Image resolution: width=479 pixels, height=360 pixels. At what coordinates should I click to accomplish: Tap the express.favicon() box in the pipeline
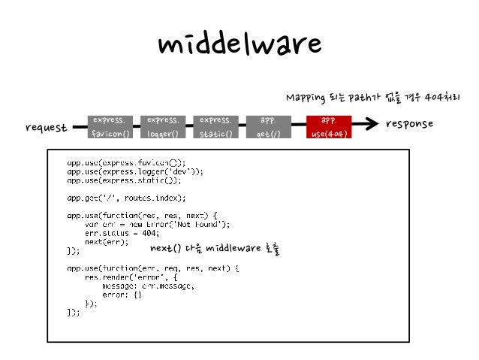[x=110, y=126]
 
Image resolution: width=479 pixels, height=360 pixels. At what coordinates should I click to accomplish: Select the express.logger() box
[x=162, y=126]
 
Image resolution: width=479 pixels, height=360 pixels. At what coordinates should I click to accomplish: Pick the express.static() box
[x=215, y=126]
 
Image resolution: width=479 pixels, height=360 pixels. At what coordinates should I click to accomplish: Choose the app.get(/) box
[x=268, y=126]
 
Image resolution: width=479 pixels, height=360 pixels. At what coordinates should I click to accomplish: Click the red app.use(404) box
[x=328, y=126]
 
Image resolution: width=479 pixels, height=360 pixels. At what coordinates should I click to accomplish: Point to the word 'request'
[x=46, y=128]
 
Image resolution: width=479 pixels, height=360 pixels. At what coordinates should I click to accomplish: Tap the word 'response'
[x=409, y=123]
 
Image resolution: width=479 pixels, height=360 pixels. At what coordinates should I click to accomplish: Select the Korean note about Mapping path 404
[x=372, y=98]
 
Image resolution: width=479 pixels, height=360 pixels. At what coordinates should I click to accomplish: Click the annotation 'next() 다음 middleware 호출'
[x=214, y=249]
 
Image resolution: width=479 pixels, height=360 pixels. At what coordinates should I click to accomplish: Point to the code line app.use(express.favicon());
[x=126, y=162]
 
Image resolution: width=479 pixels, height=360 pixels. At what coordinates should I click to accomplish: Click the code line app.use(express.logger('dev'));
[x=135, y=171]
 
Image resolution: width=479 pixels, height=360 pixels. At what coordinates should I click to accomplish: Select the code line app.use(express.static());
[x=124, y=180]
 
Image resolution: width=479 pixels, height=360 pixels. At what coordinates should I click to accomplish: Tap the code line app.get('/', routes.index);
[x=125, y=198]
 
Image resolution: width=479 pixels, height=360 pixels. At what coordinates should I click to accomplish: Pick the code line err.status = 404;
[x=122, y=233]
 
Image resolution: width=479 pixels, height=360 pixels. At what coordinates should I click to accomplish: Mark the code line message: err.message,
[x=148, y=286]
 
